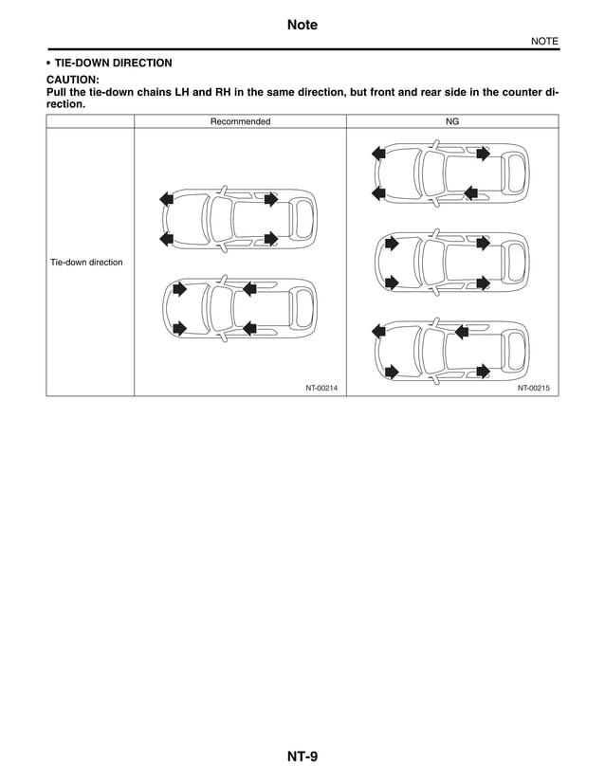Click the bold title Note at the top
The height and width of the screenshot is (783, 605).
(x=302, y=25)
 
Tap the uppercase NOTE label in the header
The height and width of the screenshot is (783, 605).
(x=543, y=41)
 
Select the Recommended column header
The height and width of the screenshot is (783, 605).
(x=240, y=121)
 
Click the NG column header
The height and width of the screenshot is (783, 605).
(x=451, y=121)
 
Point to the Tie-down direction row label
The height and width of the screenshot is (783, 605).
(x=86, y=262)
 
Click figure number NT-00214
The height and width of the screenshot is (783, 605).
(x=321, y=388)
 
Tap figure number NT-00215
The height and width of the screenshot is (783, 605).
(x=534, y=388)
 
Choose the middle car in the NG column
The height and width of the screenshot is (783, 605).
(x=451, y=263)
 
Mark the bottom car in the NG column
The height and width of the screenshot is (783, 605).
(x=451, y=350)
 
